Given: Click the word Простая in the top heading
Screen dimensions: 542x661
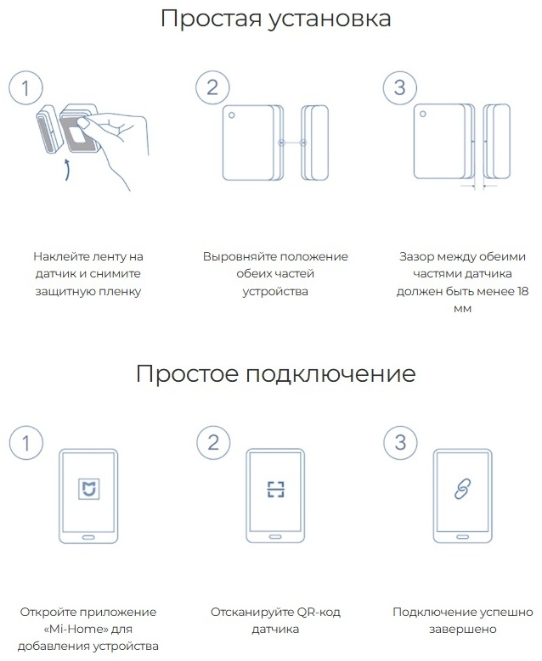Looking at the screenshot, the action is click(x=211, y=20).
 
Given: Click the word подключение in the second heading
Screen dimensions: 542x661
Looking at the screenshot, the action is click(x=330, y=374).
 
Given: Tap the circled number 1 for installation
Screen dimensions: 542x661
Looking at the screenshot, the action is click(x=25, y=88).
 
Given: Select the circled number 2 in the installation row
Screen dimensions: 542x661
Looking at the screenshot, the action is click(x=212, y=87).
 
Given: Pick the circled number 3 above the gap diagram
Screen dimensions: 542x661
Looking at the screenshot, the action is click(x=400, y=87).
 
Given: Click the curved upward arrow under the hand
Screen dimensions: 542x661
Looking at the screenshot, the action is click(x=67, y=170).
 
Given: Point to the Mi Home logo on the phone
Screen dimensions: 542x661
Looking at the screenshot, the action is click(x=89, y=489).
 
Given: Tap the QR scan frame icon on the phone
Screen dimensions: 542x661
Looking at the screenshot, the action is click(x=275, y=490).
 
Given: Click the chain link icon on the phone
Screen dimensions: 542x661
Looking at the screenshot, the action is click(x=463, y=490).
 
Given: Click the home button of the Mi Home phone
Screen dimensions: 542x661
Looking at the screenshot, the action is click(x=88, y=537).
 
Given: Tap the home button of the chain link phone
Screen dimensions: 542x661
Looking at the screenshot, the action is click(x=463, y=537).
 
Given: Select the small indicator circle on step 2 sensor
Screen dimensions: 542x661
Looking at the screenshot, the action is click(x=231, y=115).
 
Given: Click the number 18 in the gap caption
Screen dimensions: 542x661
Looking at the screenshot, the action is click(x=522, y=291).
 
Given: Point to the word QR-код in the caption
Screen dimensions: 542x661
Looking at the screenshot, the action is click(x=319, y=612).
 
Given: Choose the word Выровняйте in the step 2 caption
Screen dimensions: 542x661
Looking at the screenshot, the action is click(x=240, y=257).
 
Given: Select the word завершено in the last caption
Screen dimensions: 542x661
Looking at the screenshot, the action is click(x=463, y=630).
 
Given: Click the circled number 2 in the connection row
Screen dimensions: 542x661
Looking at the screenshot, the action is click(x=213, y=443).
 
